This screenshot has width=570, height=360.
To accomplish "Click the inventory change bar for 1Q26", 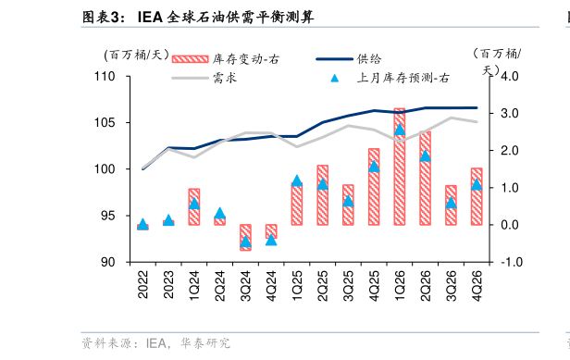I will (x=399, y=167).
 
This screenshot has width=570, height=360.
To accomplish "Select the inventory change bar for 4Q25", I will (x=374, y=186).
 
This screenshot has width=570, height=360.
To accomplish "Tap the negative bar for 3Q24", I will (x=245, y=237).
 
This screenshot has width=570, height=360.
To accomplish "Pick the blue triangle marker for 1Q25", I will (x=297, y=181).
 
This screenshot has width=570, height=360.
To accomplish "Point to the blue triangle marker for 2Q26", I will (x=425, y=156).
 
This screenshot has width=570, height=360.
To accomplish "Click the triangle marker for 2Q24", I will (x=219, y=213).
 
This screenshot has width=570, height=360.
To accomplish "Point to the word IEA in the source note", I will (x=155, y=343).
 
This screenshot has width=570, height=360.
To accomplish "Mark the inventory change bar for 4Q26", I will (x=477, y=196).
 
